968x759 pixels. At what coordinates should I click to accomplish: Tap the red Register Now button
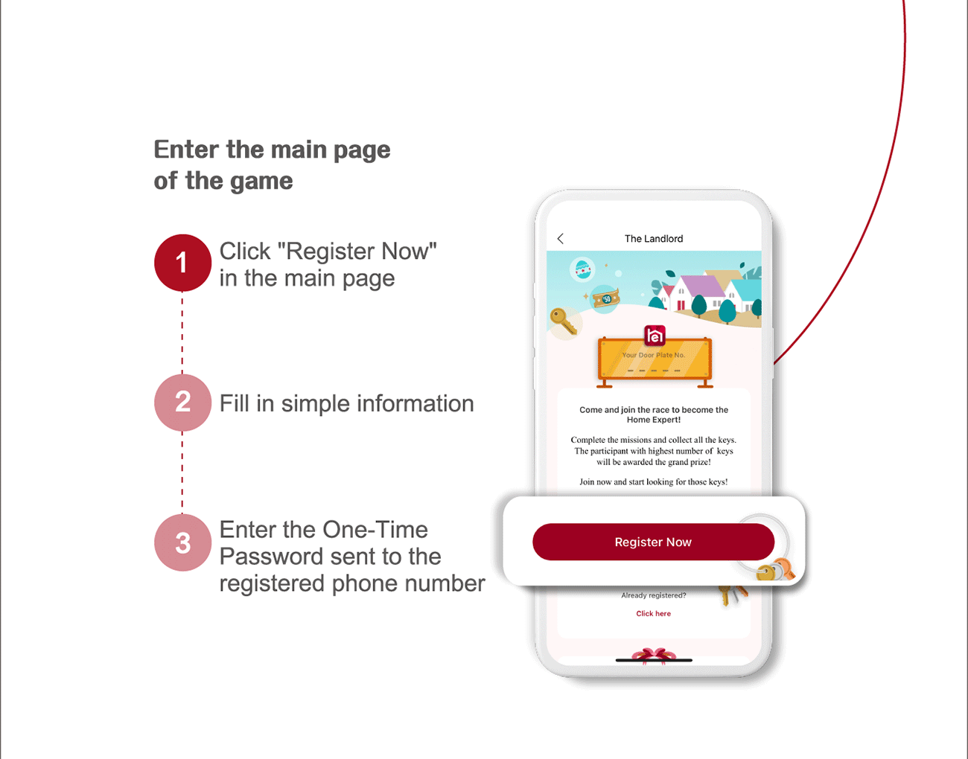coord(653,542)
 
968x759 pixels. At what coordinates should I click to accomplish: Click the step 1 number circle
coord(182,263)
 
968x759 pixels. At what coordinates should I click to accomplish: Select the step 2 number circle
coord(182,403)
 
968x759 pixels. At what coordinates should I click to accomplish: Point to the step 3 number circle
coord(182,542)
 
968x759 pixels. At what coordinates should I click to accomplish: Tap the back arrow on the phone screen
coord(561,239)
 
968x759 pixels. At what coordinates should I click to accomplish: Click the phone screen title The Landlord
coord(654,239)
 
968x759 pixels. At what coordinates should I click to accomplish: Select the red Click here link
coord(653,613)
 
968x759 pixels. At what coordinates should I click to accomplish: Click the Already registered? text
coord(654,595)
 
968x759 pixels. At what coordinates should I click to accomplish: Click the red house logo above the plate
coord(655,336)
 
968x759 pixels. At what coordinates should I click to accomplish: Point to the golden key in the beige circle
coord(564,321)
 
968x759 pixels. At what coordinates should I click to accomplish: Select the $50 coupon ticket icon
coord(606,298)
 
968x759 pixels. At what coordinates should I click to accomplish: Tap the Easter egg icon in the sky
coord(582,269)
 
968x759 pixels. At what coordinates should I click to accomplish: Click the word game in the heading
coord(261,182)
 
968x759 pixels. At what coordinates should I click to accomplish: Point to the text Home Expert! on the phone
coord(654,420)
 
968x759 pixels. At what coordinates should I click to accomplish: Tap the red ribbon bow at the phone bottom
coord(654,656)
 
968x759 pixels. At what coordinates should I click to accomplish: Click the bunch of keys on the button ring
coord(776,570)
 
